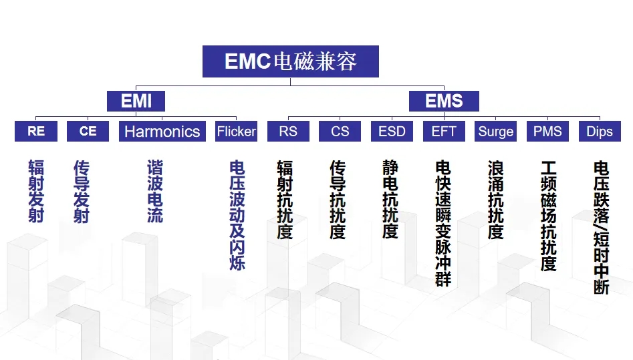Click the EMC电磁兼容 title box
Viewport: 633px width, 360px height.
(291, 61)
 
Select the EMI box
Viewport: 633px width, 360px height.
(136, 101)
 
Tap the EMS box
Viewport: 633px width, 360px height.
(444, 101)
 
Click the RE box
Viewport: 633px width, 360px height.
(36, 131)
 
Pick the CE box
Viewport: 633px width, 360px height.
(88, 131)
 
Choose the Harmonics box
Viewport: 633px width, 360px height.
(162, 131)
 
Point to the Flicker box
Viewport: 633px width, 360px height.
(236, 131)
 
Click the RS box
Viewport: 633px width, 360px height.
(288, 131)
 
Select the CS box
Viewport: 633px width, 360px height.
(340, 131)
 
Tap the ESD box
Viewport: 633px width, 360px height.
(392, 131)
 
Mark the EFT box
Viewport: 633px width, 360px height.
(444, 131)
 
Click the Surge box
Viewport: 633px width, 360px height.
(496, 131)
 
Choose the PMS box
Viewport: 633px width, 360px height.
(548, 131)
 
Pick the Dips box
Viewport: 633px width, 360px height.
(600, 131)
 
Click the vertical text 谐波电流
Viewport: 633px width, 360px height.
(155, 191)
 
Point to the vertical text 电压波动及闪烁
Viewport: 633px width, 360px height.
(237, 215)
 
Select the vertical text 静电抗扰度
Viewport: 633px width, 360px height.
(390, 200)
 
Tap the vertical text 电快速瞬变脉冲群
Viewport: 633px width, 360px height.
(443, 223)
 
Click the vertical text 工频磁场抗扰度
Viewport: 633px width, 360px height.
(549, 216)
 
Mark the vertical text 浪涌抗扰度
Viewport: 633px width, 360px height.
(496, 200)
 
